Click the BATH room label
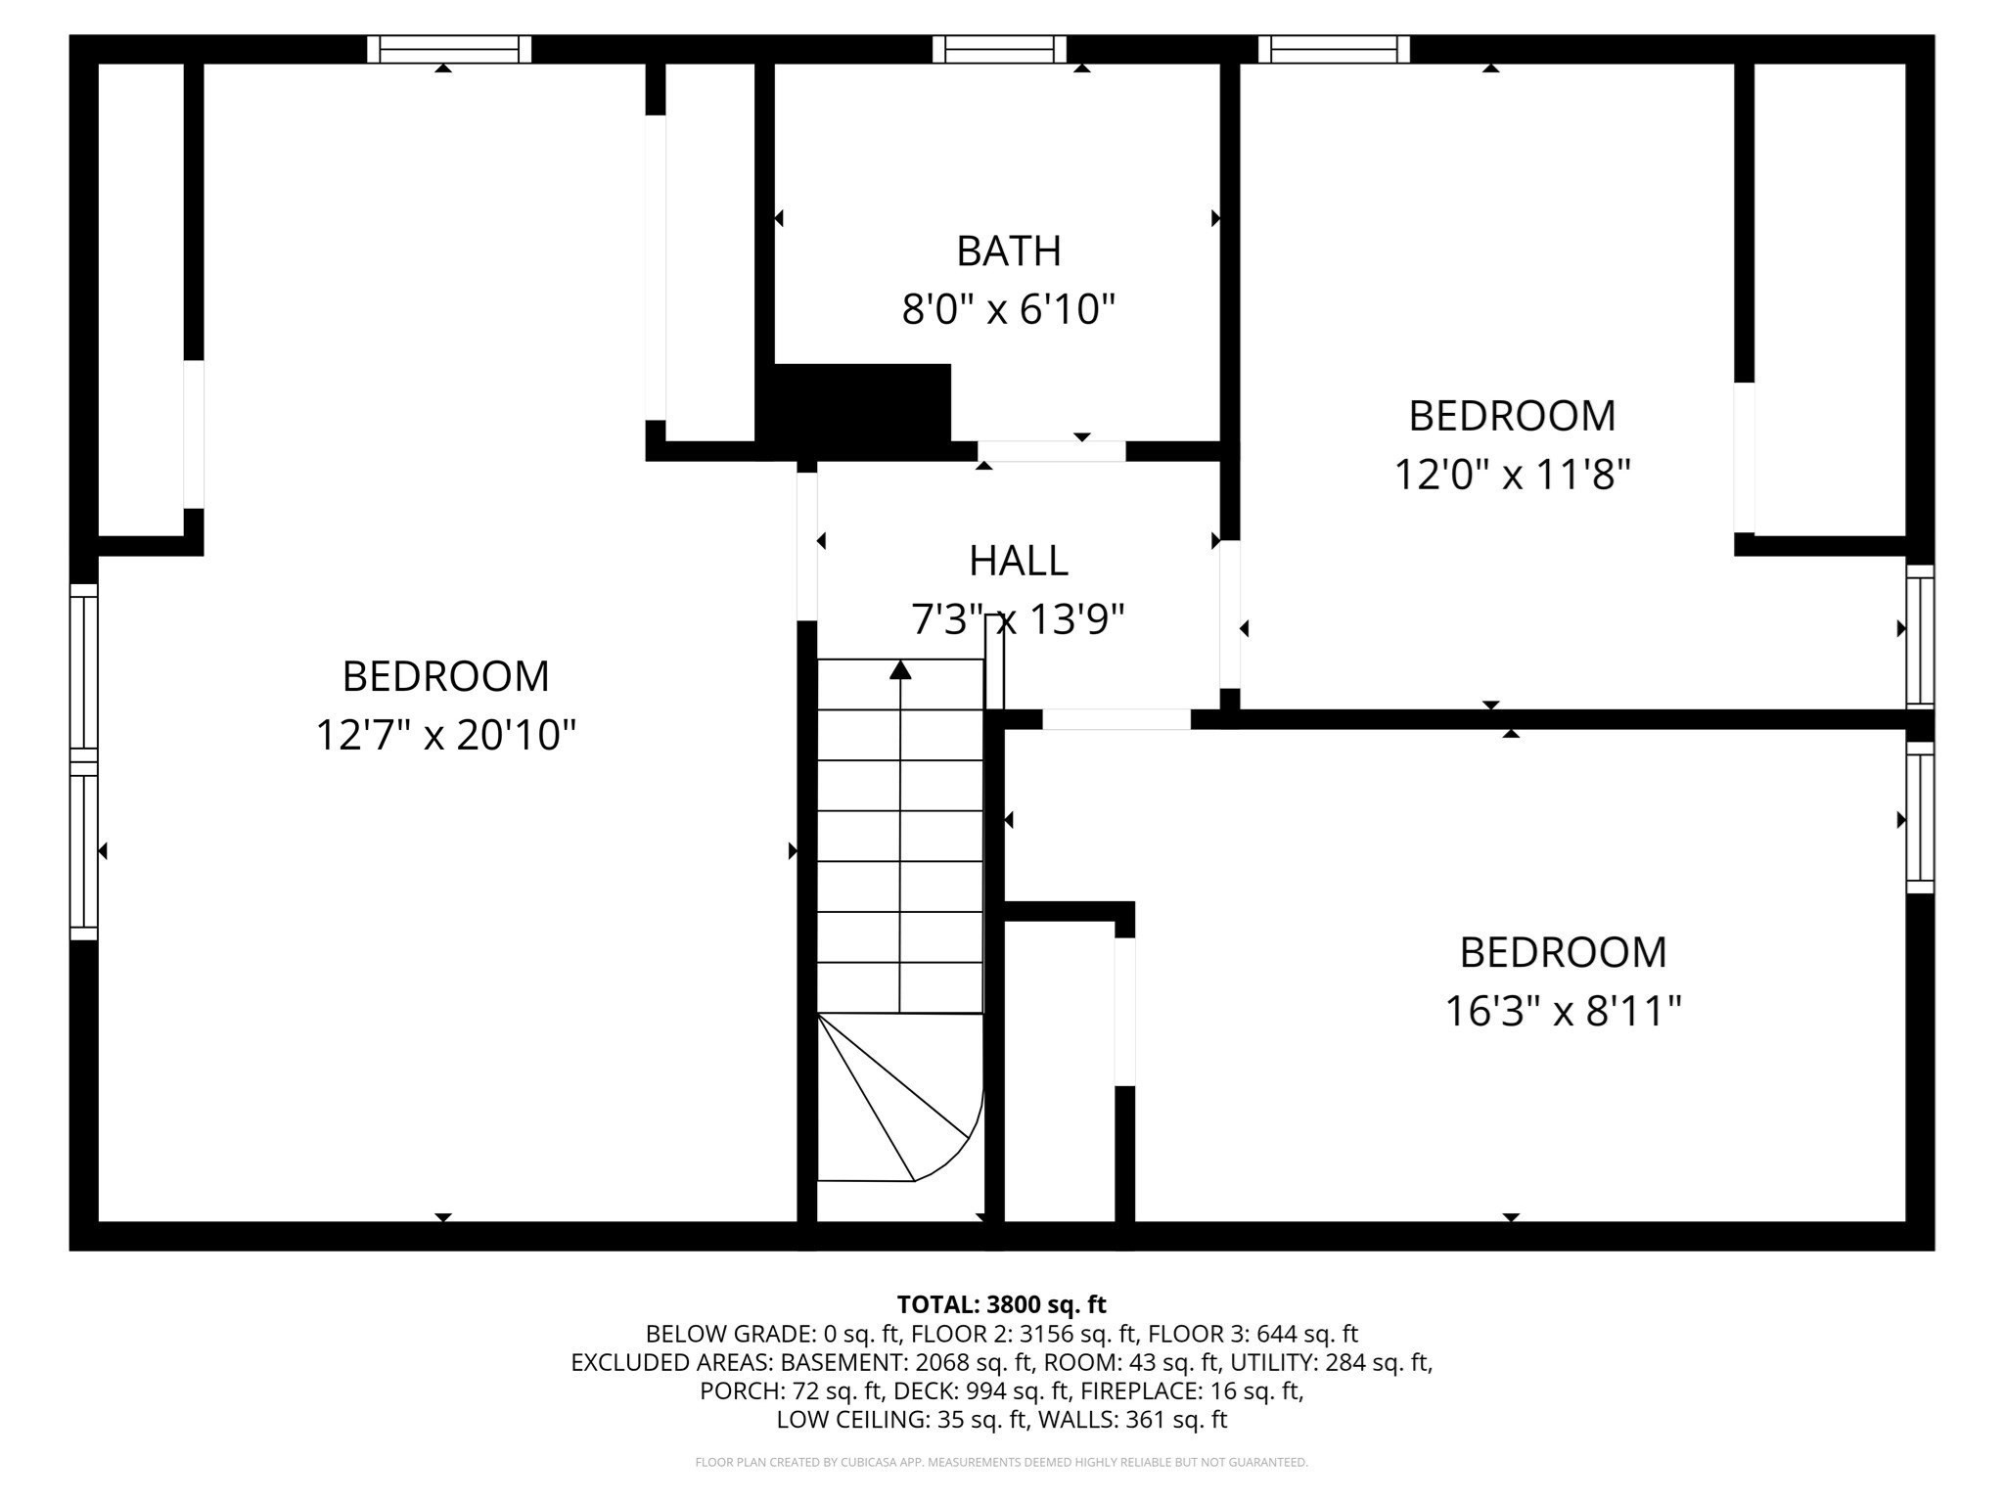tap(1008, 251)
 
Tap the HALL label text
tap(1018, 562)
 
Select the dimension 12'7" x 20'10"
tap(445, 735)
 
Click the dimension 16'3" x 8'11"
tap(1563, 1011)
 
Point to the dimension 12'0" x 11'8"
tap(1512, 476)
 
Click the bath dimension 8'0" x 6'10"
tap(1008, 310)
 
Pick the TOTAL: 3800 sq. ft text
tap(1001, 1304)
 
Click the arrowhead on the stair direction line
tap(900, 670)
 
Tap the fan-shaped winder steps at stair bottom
tap(895, 1101)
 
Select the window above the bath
tap(999, 49)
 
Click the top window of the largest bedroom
tap(449, 49)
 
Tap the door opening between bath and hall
tap(1052, 451)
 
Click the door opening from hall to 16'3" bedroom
tap(1116, 719)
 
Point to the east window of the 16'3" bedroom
tap(1920, 818)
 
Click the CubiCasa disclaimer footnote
tap(1001, 1462)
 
